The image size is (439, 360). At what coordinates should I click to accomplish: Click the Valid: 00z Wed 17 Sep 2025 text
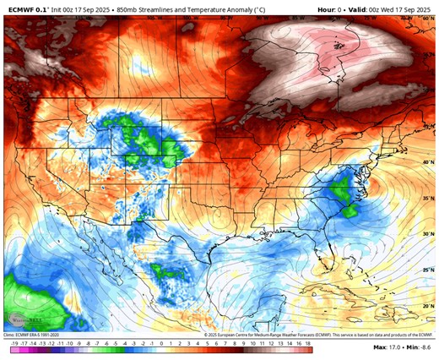(392, 8)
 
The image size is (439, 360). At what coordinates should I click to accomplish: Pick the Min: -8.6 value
(420, 347)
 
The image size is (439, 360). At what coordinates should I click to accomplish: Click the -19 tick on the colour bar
(16, 346)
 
